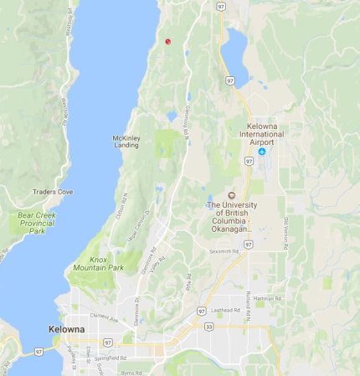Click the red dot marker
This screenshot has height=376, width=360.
(168, 40)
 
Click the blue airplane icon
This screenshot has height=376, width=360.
(262, 152)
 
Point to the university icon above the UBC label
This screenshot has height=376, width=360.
(232, 195)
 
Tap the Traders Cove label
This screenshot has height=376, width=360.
(53, 192)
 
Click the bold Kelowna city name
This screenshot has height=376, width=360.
(66, 329)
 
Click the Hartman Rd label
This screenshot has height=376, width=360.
(264, 298)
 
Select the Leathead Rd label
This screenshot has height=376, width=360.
(226, 309)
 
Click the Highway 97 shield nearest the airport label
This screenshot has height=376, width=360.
(249, 160)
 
